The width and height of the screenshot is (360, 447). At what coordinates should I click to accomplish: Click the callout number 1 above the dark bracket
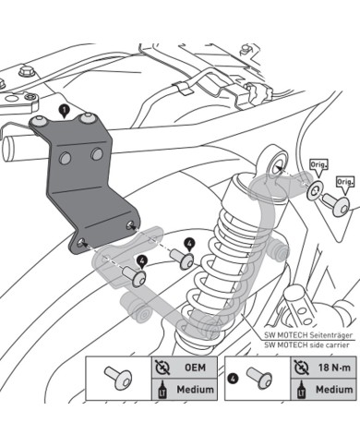(x=63, y=109)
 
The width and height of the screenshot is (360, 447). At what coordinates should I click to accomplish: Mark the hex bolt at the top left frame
(x=29, y=72)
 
